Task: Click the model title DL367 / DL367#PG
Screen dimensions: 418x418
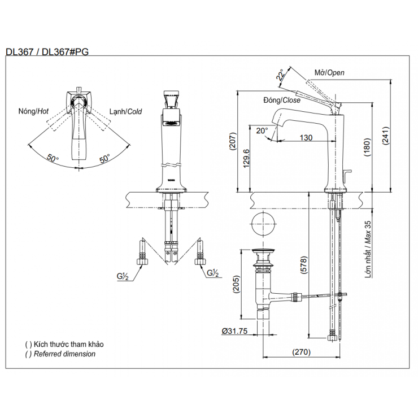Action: tap(47, 51)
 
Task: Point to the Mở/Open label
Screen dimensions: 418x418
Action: tap(329, 72)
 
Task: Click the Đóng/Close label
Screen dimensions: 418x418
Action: tap(282, 100)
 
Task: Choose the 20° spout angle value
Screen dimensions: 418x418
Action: tap(262, 130)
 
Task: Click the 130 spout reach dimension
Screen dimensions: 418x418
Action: tap(306, 138)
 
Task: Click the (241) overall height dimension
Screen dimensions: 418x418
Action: tap(386, 135)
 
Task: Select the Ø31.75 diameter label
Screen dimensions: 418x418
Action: tap(235, 332)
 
